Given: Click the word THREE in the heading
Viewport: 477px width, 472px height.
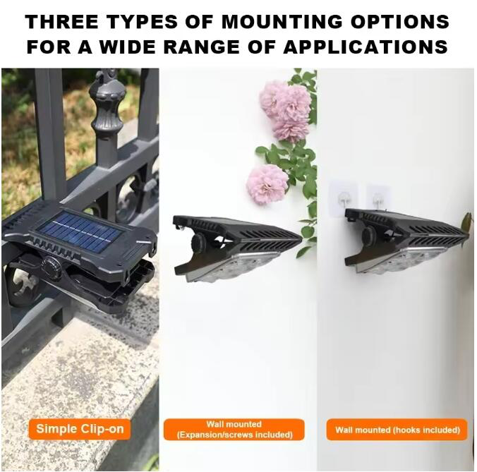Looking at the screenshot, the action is tap(61, 22).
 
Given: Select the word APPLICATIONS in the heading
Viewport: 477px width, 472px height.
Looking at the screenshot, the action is tap(366, 47).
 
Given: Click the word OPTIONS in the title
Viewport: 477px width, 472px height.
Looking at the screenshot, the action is tap(399, 22).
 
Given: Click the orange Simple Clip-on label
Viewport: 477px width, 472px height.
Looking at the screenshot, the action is tap(80, 429).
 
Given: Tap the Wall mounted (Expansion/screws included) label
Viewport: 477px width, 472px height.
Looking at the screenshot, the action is tap(234, 430).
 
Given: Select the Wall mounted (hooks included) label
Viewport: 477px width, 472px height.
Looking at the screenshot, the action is tap(397, 430).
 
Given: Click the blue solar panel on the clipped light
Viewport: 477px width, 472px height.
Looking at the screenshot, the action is tap(80, 233).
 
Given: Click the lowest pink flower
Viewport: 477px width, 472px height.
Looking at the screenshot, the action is tap(267, 184).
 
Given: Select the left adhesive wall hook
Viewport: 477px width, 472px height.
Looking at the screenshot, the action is tap(344, 198).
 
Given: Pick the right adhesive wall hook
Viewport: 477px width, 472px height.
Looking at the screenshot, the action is tap(378, 197).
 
